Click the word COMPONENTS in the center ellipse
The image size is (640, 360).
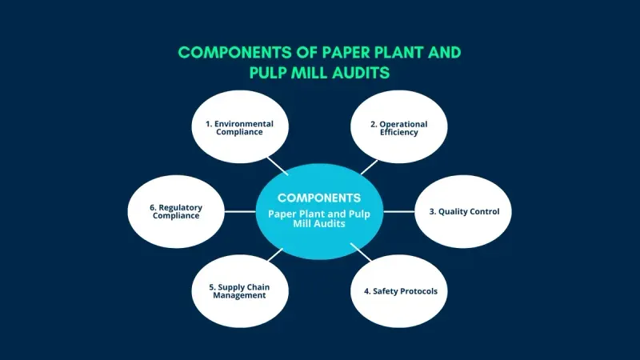(319, 198)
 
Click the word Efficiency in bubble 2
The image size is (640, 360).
(398, 133)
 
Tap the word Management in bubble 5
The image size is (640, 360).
(239, 295)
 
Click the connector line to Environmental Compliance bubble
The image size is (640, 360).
(278, 164)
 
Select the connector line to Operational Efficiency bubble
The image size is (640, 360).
(369, 166)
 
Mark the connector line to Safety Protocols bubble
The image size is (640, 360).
(360, 255)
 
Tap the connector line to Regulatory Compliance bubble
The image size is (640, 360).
(240, 212)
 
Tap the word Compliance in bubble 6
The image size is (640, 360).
(175, 216)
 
